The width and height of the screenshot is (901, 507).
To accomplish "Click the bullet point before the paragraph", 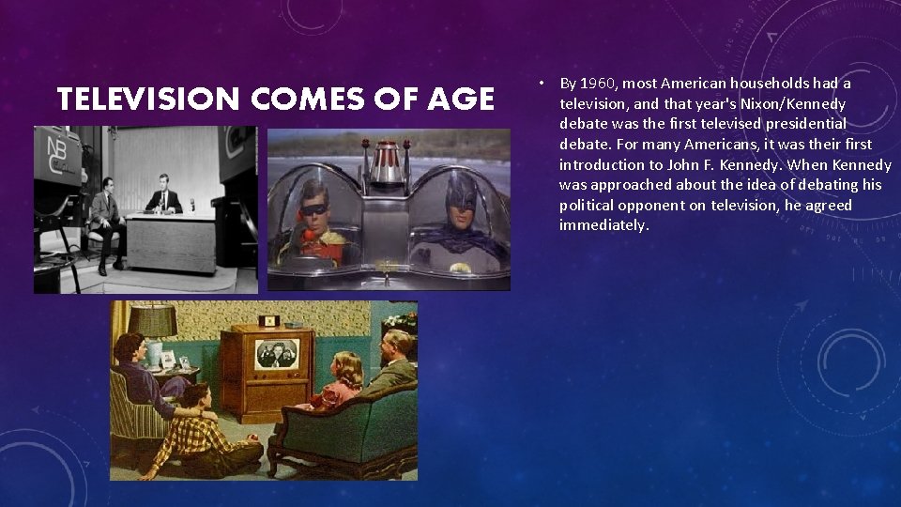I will coord(542,83).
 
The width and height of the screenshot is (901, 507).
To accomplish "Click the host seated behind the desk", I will coord(167,197).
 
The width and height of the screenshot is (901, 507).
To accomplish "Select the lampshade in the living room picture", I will coord(152,321).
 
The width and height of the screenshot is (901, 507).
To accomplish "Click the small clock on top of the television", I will coord(270,320).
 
